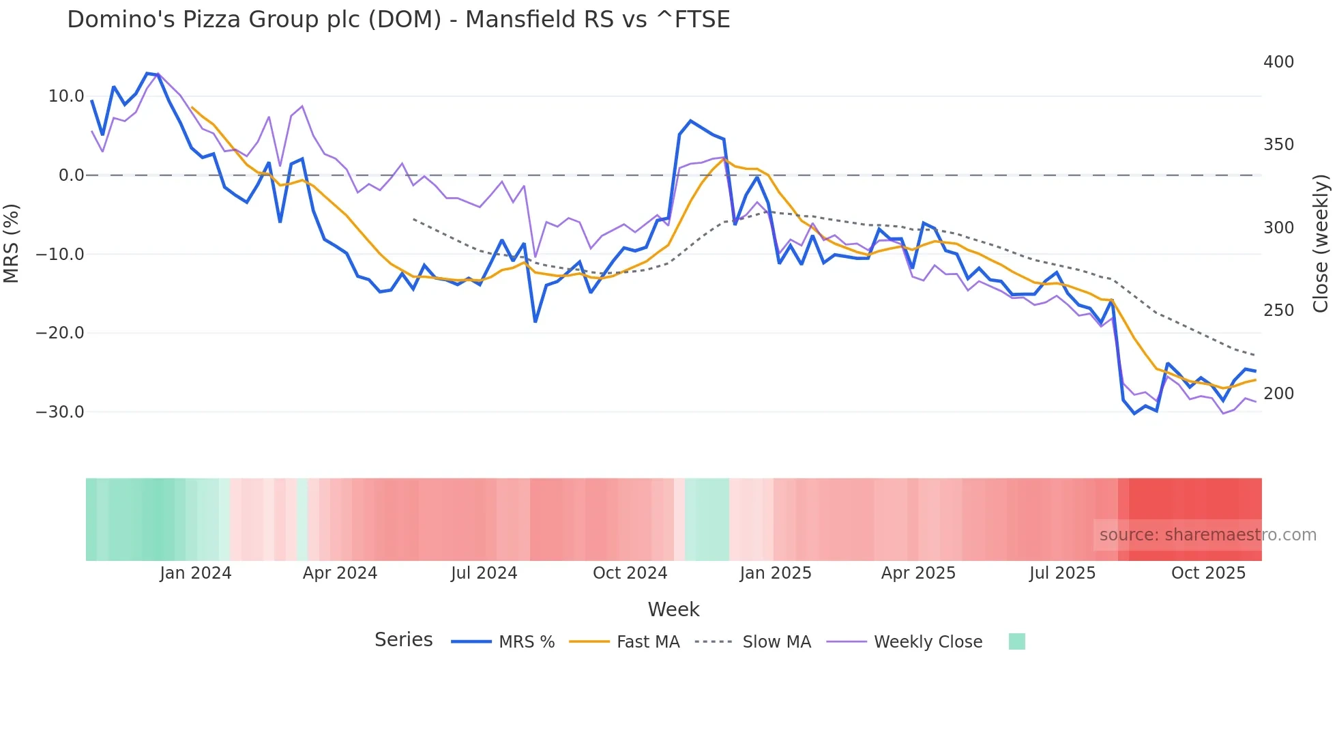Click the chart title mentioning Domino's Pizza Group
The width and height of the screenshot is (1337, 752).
coord(398,19)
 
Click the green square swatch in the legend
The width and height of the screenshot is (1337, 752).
coord(1016,641)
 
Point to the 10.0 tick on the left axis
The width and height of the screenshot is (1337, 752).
coord(66,96)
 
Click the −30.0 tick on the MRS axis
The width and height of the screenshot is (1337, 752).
coord(60,412)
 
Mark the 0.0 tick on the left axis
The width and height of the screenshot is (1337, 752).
coord(72,175)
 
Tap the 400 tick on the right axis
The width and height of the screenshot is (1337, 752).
coord(1278,62)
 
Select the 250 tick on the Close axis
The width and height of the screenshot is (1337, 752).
coord(1278,310)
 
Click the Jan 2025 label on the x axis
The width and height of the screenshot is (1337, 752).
coord(776,573)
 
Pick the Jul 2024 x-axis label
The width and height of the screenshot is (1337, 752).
coord(484,573)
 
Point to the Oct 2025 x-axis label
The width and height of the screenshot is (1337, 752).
coord(1208,573)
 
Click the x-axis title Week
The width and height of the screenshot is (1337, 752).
coord(673,609)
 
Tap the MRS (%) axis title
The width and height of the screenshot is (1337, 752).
coord(12,243)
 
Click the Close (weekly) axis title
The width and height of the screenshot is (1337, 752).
coord(1321,243)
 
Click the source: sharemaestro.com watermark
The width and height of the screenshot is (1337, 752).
coord(1207,535)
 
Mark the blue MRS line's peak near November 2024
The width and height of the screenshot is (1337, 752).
coord(690,121)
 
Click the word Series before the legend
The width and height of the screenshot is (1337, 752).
coord(403,640)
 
